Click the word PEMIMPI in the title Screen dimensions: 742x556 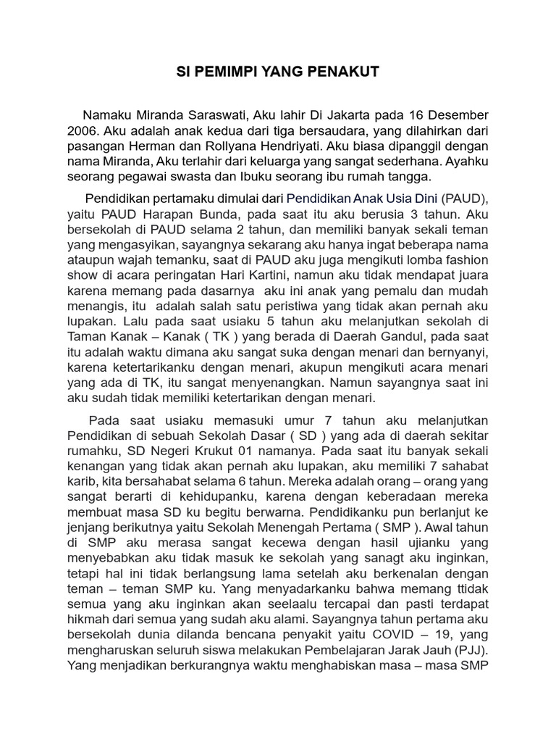[231, 72]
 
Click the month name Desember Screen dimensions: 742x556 [454, 116]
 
